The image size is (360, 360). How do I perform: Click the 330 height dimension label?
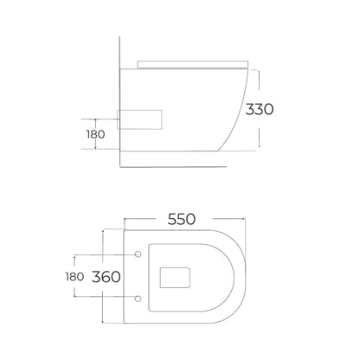259,110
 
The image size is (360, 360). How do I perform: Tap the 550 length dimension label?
182,219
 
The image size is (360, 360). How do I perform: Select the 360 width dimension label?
106,277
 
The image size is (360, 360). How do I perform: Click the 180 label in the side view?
96,134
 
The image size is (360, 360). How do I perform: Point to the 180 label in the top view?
74,277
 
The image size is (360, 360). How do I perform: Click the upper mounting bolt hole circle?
138,254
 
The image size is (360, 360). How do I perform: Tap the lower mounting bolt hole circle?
138,299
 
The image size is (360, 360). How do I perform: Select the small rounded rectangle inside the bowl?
175,278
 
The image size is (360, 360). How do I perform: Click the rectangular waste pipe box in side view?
139,119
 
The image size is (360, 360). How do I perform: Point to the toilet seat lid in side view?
192,64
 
